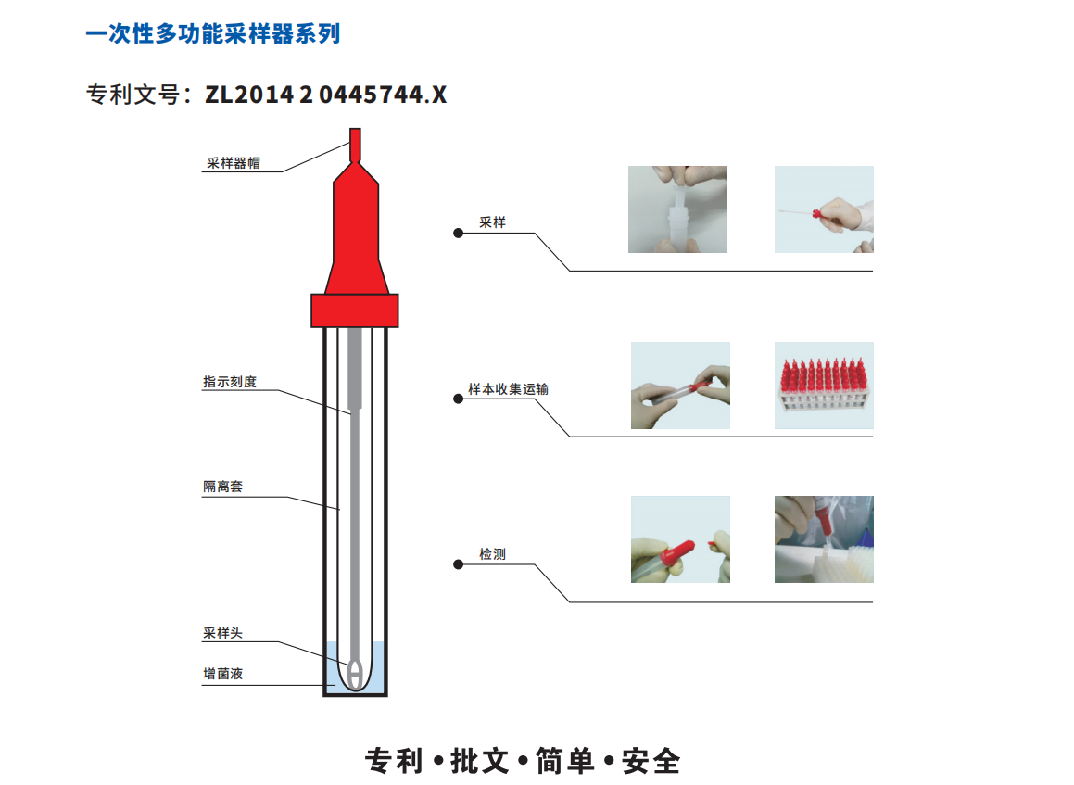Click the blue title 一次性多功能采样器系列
(x=213, y=33)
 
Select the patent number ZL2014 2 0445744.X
(x=326, y=95)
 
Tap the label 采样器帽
(x=234, y=163)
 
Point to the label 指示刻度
(x=230, y=382)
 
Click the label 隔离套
(x=222, y=487)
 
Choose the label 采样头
(x=222, y=633)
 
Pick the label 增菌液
(x=222, y=674)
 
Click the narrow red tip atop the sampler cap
(x=355, y=145)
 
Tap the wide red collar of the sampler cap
(x=355, y=310)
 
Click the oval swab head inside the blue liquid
(x=355, y=674)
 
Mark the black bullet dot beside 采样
(x=458, y=234)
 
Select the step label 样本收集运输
(x=508, y=389)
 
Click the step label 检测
(x=492, y=553)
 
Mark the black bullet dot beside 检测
(x=458, y=564)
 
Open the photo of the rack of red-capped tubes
(x=824, y=386)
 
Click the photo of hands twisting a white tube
(x=677, y=209)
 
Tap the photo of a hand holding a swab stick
(x=824, y=209)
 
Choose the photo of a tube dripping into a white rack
(x=824, y=539)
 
